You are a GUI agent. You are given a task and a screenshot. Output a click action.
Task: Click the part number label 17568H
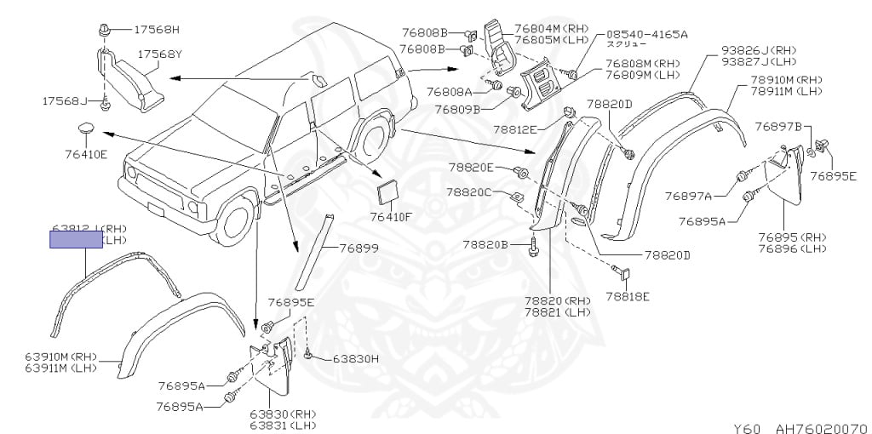pyautogui.click(x=158, y=30)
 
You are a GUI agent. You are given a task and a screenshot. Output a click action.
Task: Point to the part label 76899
pyautogui.click(x=359, y=248)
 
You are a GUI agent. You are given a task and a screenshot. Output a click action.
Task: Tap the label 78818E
pyautogui.click(x=628, y=296)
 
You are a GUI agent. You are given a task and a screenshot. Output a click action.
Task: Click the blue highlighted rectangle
pyautogui.click(x=76, y=238)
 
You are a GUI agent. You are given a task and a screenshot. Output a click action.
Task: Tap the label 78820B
pyautogui.click(x=485, y=244)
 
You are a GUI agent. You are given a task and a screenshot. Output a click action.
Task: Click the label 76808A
pyautogui.click(x=450, y=91)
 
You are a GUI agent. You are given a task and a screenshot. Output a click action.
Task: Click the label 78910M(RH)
pyautogui.click(x=786, y=79)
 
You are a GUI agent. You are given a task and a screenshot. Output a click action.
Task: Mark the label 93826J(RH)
pyautogui.click(x=760, y=49)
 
